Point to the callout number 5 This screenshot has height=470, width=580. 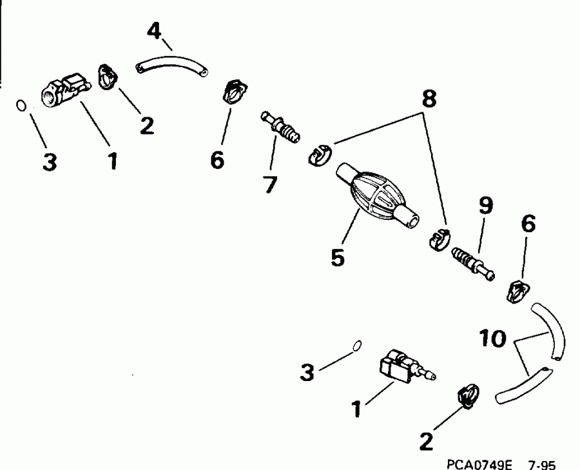pyautogui.click(x=337, y=256)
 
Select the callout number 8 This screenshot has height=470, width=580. pyautogui.click(x=429, y=99)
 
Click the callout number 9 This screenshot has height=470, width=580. pyautogui.click(x=484, y=206)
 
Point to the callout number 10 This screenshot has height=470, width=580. pyautogui.click(x=493, y=338)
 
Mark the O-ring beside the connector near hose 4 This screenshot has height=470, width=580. pyautogui.click(x=21, y=105)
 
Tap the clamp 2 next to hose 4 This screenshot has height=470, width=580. pyautogui.click(x=108, y=76)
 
